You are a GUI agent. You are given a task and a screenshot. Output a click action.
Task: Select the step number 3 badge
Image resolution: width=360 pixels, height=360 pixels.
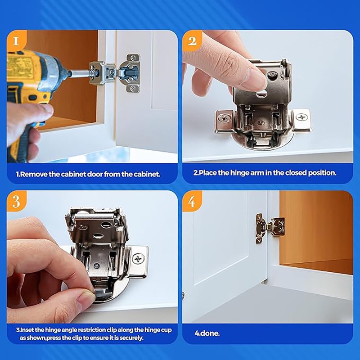tap(16, 201)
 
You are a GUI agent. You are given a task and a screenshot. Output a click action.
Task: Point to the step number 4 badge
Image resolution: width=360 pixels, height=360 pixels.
tap(192, 201)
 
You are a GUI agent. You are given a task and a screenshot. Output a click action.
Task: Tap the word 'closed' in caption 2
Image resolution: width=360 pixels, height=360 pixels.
tap(289, 173)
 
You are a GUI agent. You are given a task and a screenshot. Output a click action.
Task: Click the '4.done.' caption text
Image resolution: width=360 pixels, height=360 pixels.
tap(207, 334)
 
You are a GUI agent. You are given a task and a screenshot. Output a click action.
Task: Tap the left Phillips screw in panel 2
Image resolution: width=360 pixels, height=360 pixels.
tap(224, 119)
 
